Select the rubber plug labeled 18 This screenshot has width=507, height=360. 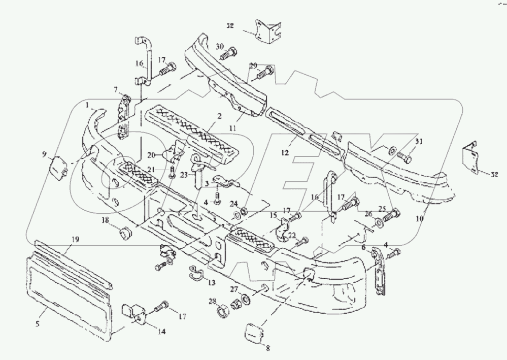[123, 234]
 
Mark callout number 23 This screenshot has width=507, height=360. [183, 175]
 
